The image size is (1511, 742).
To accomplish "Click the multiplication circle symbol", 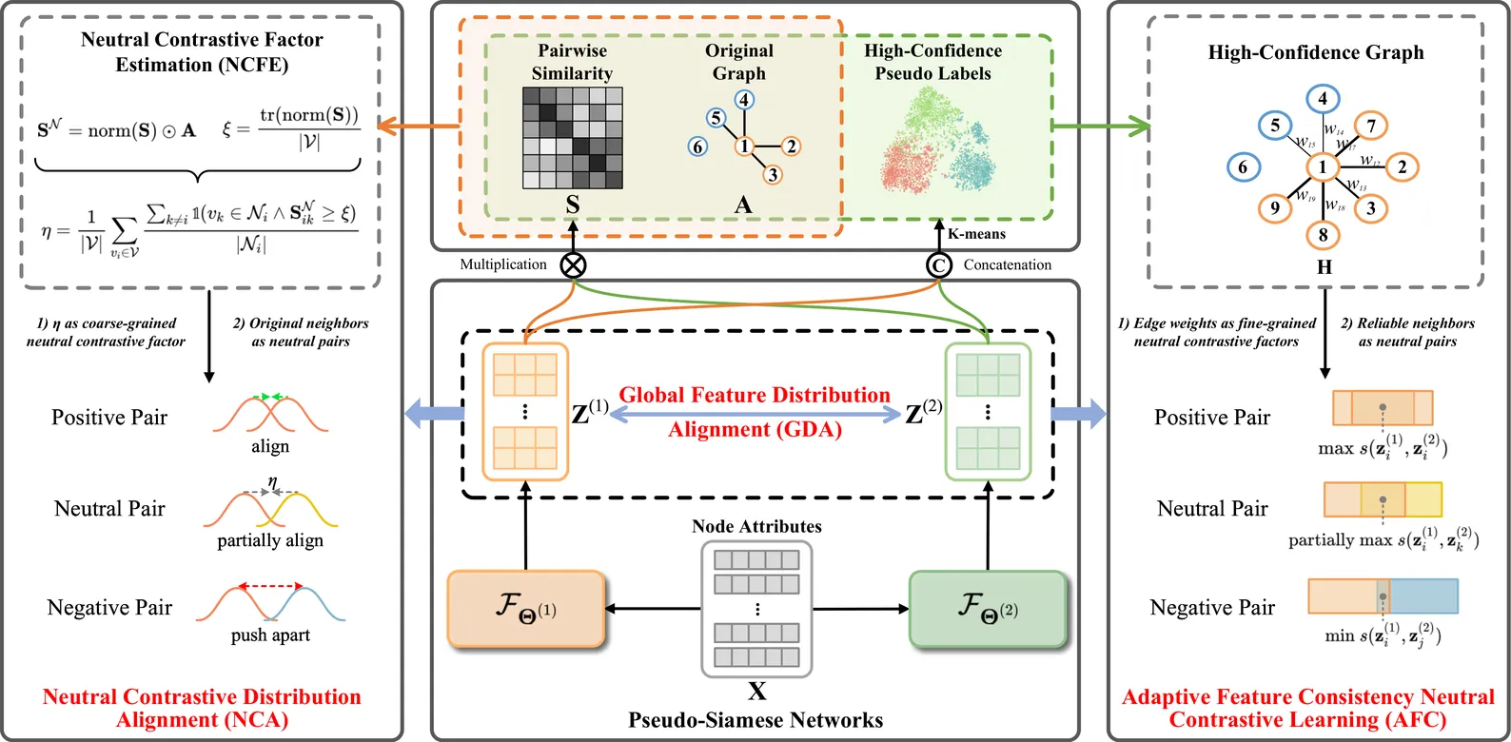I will [x=573, y=265].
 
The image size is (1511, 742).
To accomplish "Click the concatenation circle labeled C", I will [x=939, y=265].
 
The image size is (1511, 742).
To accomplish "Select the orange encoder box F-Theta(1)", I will [x=526, y=609].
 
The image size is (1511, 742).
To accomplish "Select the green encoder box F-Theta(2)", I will [x=988, y=609].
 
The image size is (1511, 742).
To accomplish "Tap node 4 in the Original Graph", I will [x=744, y=100].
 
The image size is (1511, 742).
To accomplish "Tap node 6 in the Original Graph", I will [x=698, y=146].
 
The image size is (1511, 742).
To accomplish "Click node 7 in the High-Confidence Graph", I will [x=1371, y=126].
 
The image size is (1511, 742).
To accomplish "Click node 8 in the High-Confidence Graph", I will [x=1323, y=235].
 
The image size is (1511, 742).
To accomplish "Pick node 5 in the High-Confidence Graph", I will [x=1275, y=126].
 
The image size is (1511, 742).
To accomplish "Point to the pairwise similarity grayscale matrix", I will [x=573, y=138].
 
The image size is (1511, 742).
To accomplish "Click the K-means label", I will [x=976, y=234].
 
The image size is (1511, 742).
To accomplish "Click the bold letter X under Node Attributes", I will [x=756, y=691].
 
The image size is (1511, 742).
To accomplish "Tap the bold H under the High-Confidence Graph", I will [x=1324, y=267].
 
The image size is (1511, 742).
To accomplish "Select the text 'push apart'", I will [x=270, y=635].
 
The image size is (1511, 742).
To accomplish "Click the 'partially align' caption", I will [x=270, y=540].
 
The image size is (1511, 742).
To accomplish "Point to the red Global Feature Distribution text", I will [x=755, y=395].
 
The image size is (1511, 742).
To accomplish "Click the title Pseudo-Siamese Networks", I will [x=755, y=720].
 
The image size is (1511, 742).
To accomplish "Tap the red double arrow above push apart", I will [x=270, y=586].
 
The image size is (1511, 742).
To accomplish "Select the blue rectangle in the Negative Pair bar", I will [x=1424, y=596].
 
